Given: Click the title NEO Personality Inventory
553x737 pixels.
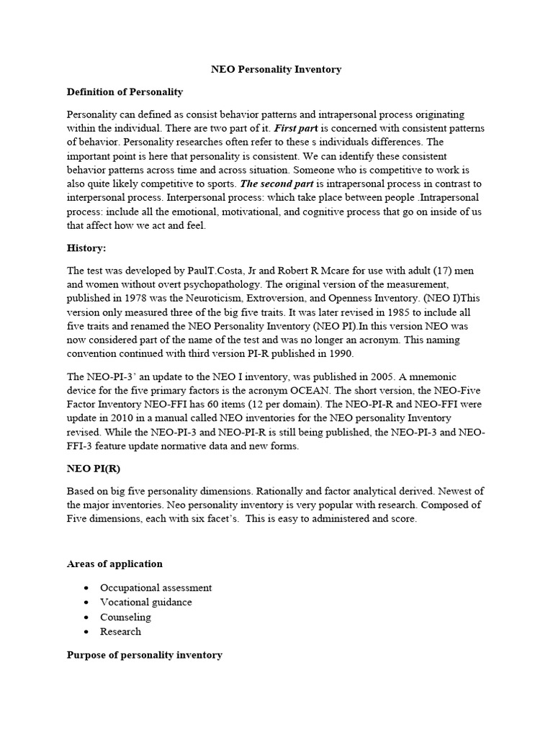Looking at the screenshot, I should coord(276,70).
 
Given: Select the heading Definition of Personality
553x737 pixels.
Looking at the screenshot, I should coord(125,92).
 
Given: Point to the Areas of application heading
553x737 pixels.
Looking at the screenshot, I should coord(114,564).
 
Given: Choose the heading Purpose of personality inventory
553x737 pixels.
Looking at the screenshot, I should coord(144,655).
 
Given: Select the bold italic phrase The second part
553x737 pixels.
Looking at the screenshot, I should coord(274,184).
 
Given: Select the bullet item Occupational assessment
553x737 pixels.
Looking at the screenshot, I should coord(156,587).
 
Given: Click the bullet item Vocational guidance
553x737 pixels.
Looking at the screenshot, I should coord(146,602).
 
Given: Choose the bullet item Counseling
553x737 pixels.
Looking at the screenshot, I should coord(125,617).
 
